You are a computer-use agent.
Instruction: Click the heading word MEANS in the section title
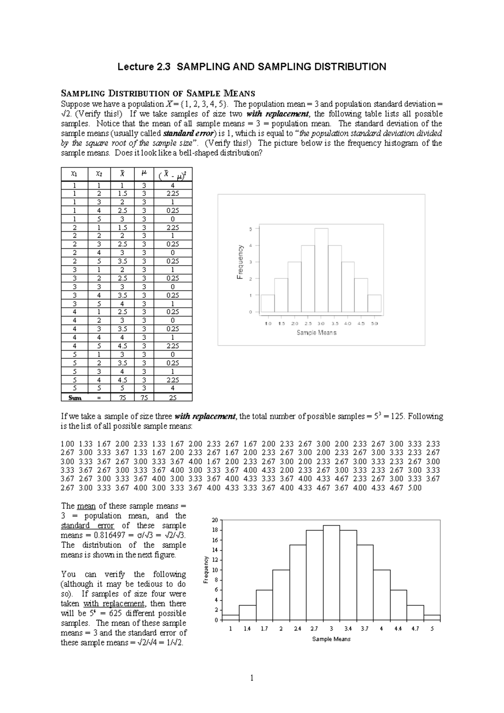(240, 93)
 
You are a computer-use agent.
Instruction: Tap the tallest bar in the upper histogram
(321, 271)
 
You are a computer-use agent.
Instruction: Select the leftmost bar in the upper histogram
(268, 304)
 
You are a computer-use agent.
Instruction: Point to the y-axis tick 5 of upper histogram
(251, 229)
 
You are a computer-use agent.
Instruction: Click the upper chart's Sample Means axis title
(316, 333)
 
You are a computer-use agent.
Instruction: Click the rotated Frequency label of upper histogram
(241, 262)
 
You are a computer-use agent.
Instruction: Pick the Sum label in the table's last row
(74, 398)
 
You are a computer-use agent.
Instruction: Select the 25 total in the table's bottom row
(173, 398)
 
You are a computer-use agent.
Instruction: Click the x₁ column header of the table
(74, 173)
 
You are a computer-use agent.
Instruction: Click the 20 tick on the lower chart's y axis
(215, 520)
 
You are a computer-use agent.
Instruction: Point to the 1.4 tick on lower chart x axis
(247, 629)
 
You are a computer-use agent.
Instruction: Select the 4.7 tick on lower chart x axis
(415, 629)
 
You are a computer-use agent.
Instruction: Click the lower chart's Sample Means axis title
(331, 639)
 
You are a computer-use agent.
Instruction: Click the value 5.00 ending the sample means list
(414, 488)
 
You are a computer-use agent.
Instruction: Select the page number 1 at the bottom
(252, 678)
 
